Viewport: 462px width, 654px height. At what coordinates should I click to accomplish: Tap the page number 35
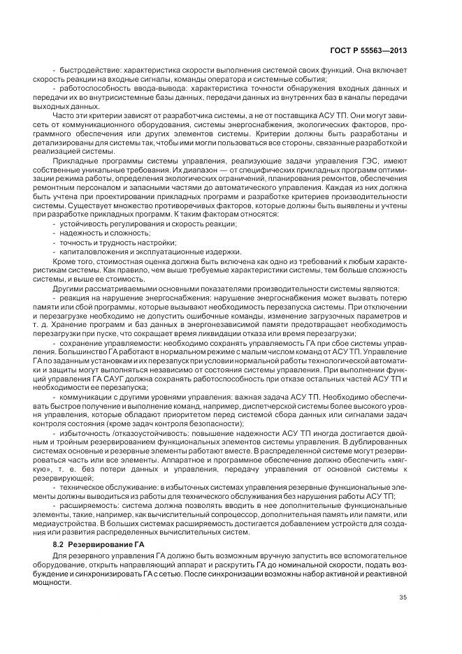click(403, 596)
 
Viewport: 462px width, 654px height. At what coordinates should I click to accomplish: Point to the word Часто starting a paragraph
click(64, 124)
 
